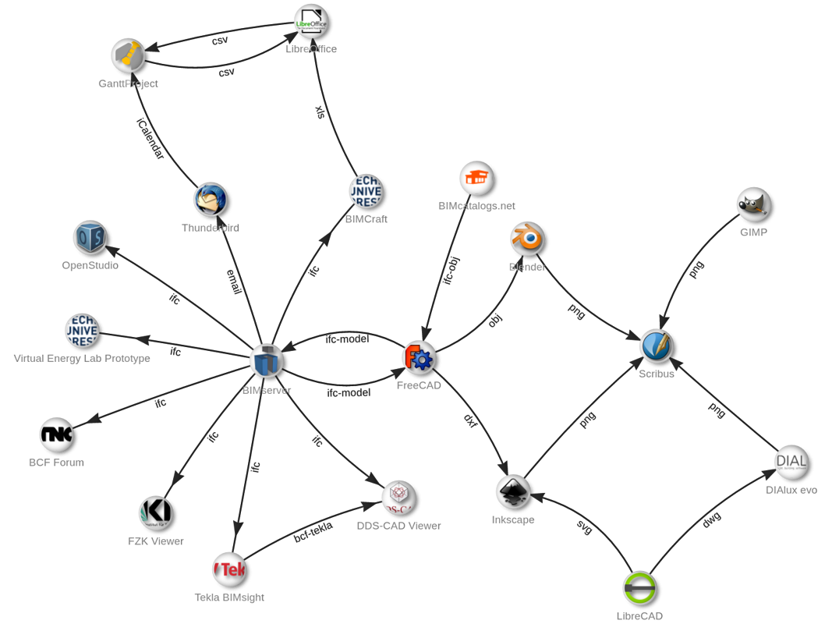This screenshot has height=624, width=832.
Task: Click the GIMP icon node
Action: coord(754,204)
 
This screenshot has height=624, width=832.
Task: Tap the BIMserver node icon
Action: coord(267,361)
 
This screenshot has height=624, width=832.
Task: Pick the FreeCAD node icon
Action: coord(420,358)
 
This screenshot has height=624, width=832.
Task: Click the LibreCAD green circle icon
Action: coord(640,589)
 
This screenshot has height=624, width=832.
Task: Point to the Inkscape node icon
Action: coord(513,491)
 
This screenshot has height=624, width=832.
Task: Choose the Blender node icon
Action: coord(527,239)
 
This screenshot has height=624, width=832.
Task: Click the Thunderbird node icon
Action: coord(211,200)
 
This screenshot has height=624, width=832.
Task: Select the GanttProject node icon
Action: coord(128,55)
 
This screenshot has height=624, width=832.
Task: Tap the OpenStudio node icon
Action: coord(90,237)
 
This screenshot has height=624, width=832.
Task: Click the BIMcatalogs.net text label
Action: coord(477,206)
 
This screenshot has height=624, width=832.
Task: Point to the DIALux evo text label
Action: coord(791,490)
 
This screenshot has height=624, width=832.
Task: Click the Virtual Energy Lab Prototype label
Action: coord(82,359)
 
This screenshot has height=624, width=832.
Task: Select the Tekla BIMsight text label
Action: coord(229,597)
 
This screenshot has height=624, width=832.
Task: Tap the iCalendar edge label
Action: coord(150,139)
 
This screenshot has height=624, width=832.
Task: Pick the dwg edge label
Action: coord(710,520)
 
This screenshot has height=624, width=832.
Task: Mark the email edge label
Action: coord(234,282)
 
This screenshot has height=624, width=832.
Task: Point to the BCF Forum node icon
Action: coord(57,434)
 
